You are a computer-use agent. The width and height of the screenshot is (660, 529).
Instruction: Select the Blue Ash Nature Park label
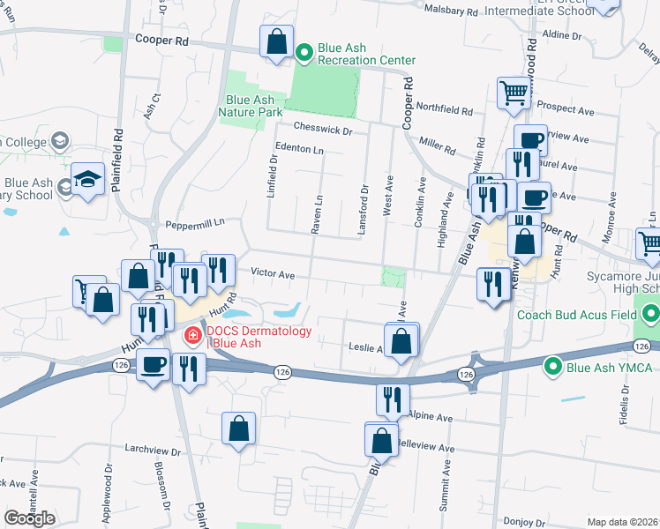(x=253, y=107)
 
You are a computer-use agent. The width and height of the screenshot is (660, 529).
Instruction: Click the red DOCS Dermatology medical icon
(x=191, y=336)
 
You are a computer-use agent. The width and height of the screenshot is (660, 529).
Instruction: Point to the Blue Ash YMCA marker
(x=553, y=363)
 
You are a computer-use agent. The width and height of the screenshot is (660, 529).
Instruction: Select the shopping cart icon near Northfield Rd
(x=513, y=92)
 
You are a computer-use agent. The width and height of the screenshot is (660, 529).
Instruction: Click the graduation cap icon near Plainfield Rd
(x=87, y=179)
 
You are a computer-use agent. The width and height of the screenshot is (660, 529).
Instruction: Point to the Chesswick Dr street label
(x=323, y=130)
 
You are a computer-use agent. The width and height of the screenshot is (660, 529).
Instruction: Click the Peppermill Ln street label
(x=190, y=223)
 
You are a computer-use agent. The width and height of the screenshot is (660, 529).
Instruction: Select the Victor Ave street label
(x=273, y=274)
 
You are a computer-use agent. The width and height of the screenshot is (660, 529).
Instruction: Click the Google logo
(x=29, y=518)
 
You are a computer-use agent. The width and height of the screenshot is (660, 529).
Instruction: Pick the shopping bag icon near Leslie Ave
(x=401, y=340)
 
